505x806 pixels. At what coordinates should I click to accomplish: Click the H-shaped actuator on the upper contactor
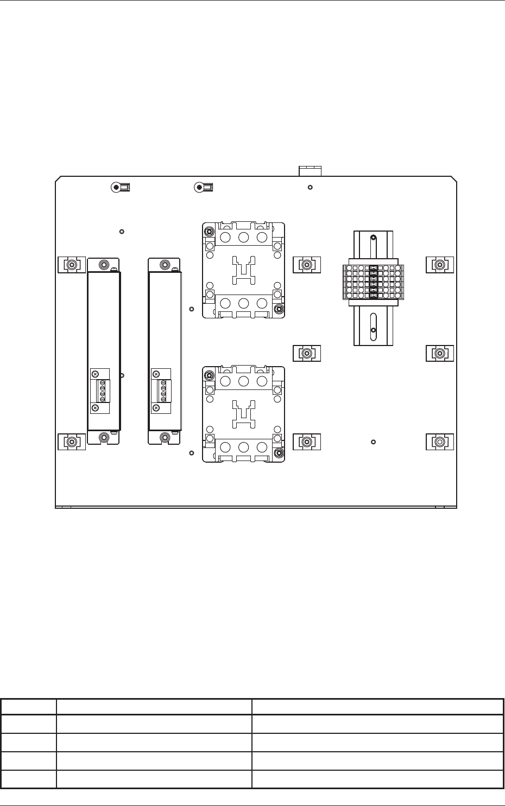[x=243, y=269]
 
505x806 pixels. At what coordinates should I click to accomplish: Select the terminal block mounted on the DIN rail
[x=373, y=281]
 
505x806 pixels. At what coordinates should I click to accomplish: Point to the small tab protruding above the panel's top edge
[x=310, y=171]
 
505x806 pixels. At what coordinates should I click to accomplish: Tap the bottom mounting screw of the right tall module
[x=165, y=437]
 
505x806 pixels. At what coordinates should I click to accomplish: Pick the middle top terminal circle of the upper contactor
[x=243, y=237]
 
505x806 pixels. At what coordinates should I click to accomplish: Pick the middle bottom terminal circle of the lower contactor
[x=243, y=447]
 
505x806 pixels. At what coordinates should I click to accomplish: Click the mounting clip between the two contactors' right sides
[x=307, y=353]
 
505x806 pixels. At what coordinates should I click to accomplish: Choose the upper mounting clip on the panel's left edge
[x=71, y=265]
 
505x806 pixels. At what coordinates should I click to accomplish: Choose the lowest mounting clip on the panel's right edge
[x=439, y=442]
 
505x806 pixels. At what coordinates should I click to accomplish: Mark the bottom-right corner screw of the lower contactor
[x=279, y=453]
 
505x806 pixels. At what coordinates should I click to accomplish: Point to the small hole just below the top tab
[x=310, y=188]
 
